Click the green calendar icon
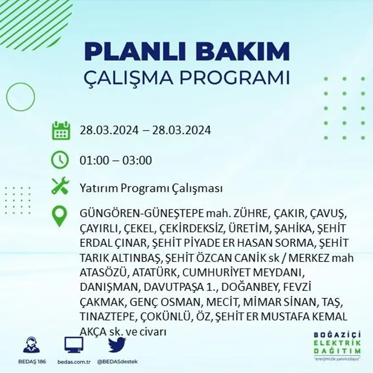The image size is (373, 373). pyautogui.click(x=61, y=131)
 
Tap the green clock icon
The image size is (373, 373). pyautogui.click(x=60, y=160)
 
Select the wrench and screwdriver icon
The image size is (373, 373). pyautogui.click(x=60, y=186)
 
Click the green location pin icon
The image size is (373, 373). pyautogui.click(x=60, y=216)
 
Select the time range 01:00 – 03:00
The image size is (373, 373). pyautogui.click(x=116, y=161)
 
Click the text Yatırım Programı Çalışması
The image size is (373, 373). pyautogui.click(x=151, y=188)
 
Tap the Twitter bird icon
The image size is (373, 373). pyautogui.click(x=117, y=345)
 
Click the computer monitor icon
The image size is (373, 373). pyautogui.click(x=74, y=345)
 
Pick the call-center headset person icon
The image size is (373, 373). pyautogui.click(x=31, y=345)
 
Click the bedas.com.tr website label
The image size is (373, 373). pyautogui.click(x=73, y=362)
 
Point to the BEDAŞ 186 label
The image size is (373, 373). pyautogui.click(x=32, y=362)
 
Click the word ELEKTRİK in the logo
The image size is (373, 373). pyautogui.click(x=337, y=343)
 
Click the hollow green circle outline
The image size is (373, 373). pyautogui.click(x=20, y=97)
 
